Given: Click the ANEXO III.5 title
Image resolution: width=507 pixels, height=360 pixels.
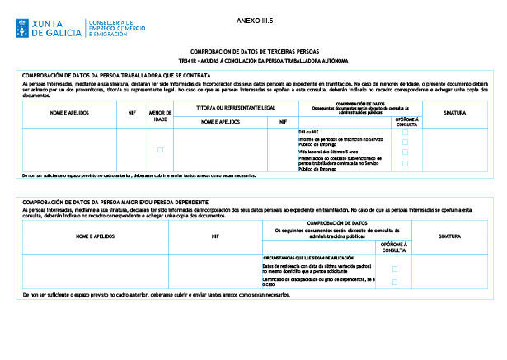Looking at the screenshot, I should (253, 17).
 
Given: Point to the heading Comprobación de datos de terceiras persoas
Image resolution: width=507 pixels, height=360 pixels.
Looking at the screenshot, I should (253, 51).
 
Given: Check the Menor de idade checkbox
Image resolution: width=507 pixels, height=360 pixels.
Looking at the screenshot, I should (161, 149).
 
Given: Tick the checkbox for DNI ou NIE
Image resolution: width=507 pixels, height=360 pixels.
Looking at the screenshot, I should (405, 132).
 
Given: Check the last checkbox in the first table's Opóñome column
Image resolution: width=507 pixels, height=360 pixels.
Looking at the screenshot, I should (405, 163).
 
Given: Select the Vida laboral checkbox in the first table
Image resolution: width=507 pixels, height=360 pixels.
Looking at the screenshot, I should (405, 152).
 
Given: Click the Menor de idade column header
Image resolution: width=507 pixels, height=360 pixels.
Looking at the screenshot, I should (161, 115).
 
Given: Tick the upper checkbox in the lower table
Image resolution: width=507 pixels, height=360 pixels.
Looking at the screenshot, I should (396, 269).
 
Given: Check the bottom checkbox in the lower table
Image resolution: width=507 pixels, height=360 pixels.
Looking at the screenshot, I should (396, 282).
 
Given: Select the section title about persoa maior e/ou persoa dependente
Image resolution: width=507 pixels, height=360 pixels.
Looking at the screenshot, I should (115, 202).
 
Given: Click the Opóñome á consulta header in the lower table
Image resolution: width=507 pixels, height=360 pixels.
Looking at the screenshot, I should (396, 246).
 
